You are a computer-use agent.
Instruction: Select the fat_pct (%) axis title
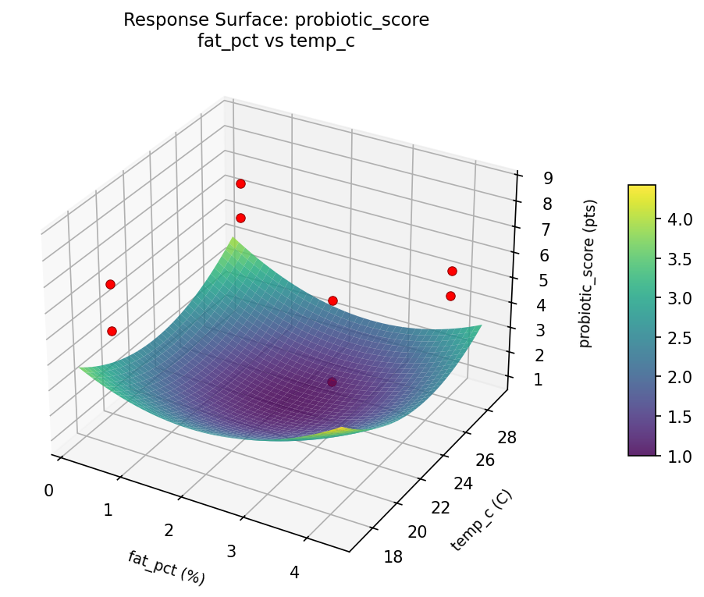coord(166,567)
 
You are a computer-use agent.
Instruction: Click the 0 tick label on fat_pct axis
coord(49,490)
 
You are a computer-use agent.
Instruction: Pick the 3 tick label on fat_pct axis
coord(231,552)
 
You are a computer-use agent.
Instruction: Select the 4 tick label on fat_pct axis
coord(294,573)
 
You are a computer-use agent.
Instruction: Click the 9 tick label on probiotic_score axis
coord(549,178)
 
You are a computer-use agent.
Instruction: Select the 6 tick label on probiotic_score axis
coord(543,255)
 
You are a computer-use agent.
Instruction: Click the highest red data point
coord(240,183)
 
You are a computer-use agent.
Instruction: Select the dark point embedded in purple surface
coord(332,382)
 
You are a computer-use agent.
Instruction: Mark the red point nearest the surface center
coord(332,300)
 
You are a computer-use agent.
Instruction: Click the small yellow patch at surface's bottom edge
coord(343,430)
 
